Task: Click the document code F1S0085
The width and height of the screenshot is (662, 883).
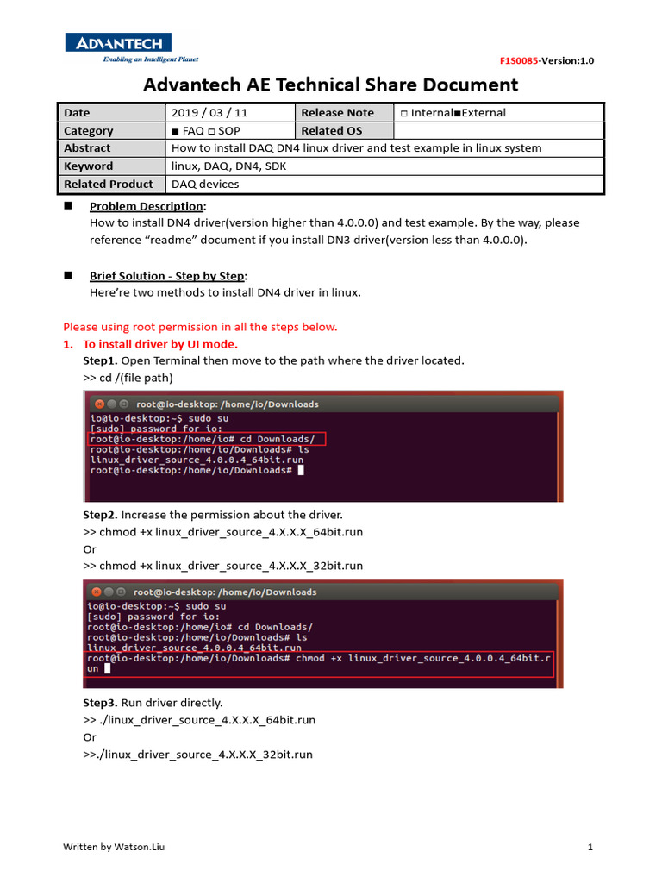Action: (x=519, y=60)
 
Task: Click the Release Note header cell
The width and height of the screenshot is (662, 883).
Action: (x=337, y=113)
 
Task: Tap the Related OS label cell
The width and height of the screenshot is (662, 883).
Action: (x=332, y=130)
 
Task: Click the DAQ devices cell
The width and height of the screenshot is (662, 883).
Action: (x=205, y=184)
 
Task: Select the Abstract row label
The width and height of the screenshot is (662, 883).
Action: (x=87, y=148)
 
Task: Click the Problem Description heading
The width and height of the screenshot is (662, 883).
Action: (x=147, y=206)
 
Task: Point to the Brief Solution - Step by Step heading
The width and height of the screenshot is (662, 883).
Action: (x=168, y=275)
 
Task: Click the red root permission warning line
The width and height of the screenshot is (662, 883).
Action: (x=200, y=327)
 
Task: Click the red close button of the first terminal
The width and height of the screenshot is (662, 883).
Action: (x=99, y=404)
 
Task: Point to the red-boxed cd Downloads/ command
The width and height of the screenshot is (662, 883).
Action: (x=207, y=438)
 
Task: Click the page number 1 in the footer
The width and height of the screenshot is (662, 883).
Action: (x=590, y=847)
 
